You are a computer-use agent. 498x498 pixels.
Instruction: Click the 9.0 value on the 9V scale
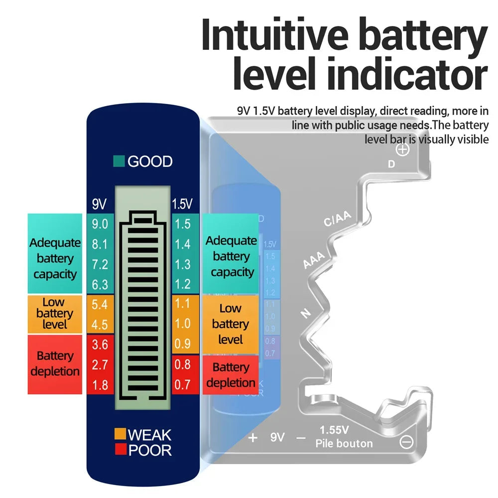(100, 224)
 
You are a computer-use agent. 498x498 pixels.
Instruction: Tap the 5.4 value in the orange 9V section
(100, 304)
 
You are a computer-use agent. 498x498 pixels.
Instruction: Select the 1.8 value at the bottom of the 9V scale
(100, 385)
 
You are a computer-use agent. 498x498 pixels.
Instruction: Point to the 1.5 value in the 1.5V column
(183, 224)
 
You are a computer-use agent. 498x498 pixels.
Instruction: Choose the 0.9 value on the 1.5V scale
(183, 344)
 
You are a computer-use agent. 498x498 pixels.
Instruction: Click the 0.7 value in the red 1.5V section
(183, 385)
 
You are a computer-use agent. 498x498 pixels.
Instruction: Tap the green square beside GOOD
(119, 161)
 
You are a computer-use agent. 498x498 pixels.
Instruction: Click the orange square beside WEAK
(120, 434)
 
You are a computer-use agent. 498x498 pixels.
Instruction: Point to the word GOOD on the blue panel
(150, 161)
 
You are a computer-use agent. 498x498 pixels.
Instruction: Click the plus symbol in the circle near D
(403, 149)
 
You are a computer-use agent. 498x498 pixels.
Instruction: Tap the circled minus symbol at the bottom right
(406, 442)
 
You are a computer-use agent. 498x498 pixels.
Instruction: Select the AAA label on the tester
(314, 259)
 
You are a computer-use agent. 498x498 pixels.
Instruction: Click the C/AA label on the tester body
(338, 219)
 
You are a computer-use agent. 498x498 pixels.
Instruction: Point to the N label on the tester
(305, 314)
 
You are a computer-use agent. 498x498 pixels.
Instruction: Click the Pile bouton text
(344, 443)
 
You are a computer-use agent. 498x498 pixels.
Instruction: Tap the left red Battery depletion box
(55, 364)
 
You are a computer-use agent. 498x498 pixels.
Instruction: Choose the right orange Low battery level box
(230, 324)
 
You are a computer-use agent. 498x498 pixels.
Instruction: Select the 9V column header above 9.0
(99, 204)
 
